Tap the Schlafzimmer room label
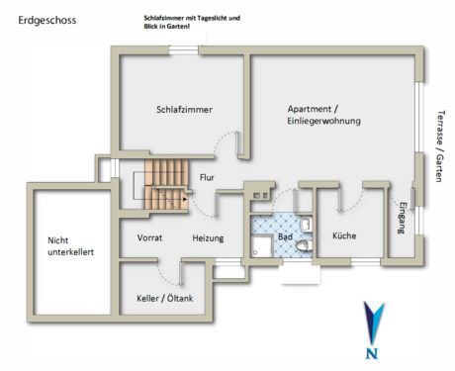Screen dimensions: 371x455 (185, 109)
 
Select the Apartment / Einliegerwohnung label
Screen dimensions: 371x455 (323, 114)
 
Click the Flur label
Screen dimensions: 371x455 (207, 178)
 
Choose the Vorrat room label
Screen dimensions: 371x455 (149, 238)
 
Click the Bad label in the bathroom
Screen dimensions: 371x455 (285, 238)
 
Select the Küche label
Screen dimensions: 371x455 (344, 236)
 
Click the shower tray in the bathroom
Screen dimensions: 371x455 (263, 245)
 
